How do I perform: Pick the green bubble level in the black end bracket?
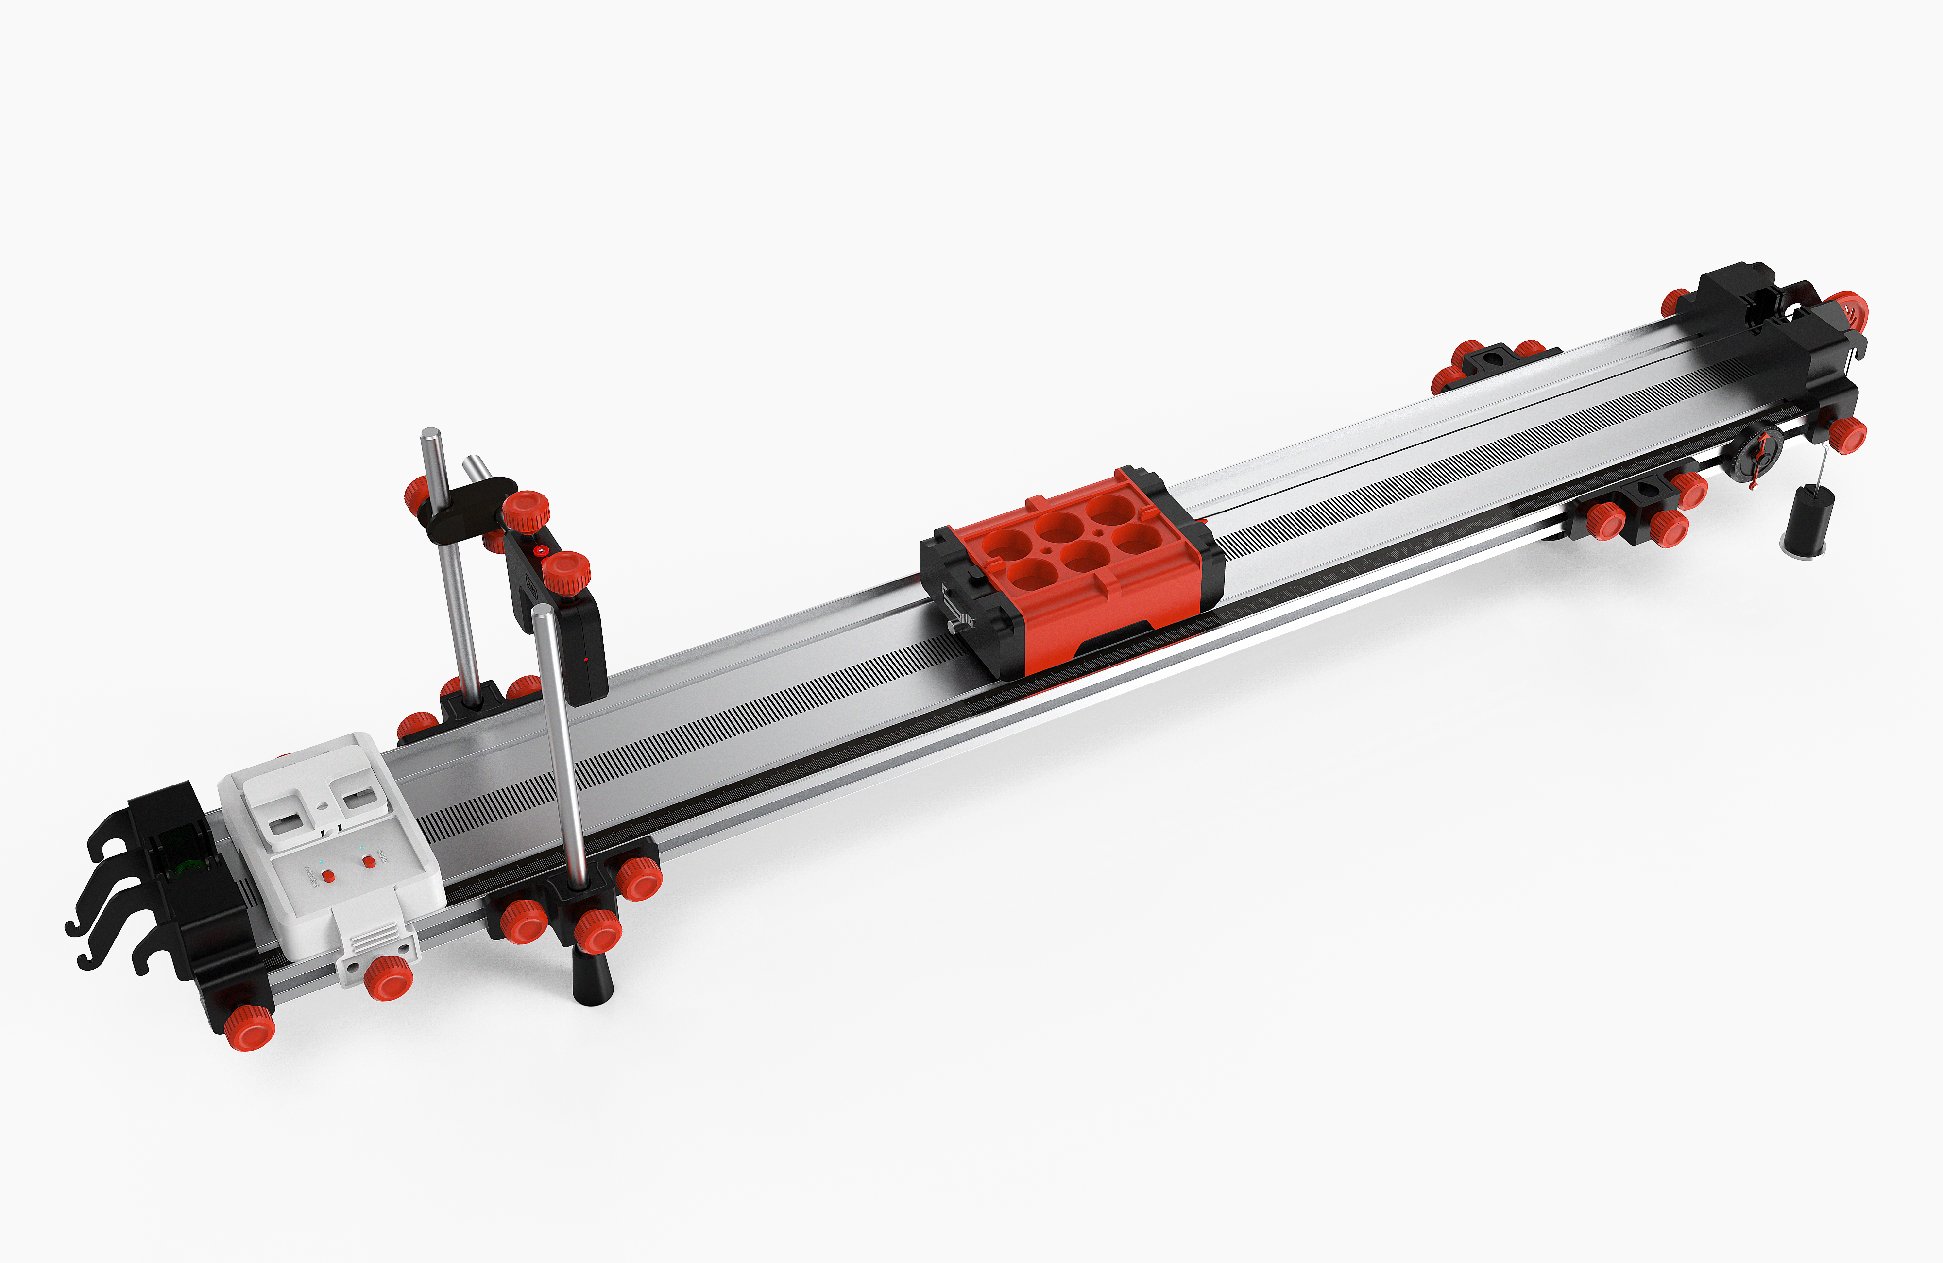pyautogui.click(x=189, y=866)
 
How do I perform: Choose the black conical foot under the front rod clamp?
pyautogui.click(x=593, y=977)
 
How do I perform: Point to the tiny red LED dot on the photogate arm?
pyautogui.click(x=586, y=658)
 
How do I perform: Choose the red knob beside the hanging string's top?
pyautogui.click(x=1847, y=435)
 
